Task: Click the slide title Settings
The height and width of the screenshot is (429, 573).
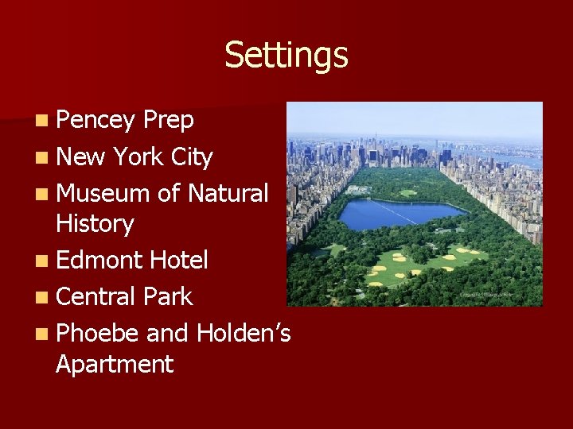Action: point(286,56)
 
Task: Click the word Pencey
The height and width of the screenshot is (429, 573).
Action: point(96,120)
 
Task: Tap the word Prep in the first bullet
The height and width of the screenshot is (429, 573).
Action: point(169,120)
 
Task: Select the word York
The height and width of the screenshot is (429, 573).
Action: point(140,157)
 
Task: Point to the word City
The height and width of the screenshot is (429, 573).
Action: point(192,157)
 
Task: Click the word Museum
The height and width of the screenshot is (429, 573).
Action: point(103,193)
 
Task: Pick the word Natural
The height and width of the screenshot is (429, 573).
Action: point(228,193)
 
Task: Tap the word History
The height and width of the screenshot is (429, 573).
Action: point(95,224)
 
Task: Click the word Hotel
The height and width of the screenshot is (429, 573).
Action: point(180,260)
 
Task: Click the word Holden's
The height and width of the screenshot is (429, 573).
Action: point(243,333)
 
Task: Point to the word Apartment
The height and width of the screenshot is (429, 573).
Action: point(115,365)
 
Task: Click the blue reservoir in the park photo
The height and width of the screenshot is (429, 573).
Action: point(398,213)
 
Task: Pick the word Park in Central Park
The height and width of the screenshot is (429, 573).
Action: point(169,296)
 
